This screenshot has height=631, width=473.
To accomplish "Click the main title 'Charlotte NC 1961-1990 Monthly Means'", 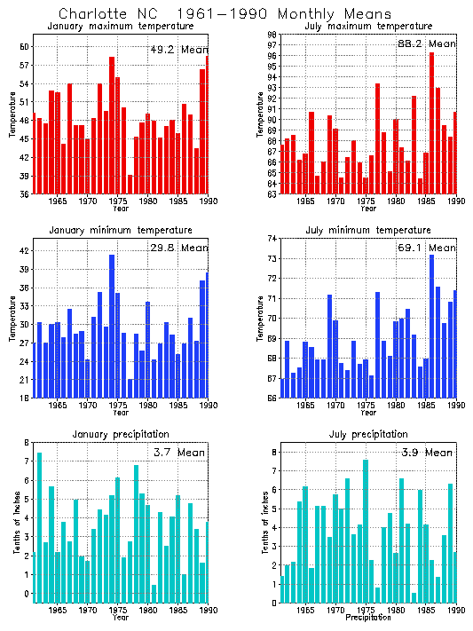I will pos(225,14).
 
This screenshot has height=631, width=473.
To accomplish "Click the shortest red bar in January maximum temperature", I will pos(130,184).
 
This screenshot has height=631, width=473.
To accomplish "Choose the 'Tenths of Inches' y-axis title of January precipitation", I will pos(15,522).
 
